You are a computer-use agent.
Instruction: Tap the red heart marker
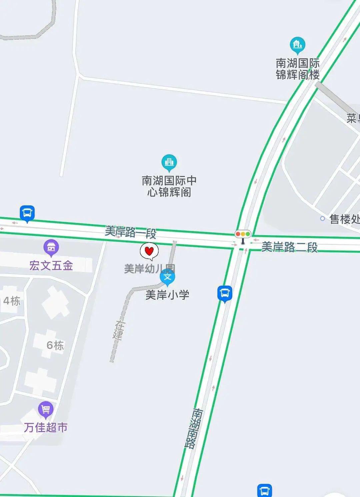tap(149, 251)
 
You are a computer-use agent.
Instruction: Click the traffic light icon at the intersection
tap(243, 235)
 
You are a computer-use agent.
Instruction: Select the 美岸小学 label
tap(167, 295)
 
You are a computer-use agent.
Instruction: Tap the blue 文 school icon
tap(167, 277)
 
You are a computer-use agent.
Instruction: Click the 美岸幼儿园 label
tap(149, 268)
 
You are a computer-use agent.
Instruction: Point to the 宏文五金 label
tap(51, 265)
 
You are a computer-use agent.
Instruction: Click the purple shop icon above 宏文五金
tap(51, 247)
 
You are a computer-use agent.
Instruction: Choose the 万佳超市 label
tap(46, 427)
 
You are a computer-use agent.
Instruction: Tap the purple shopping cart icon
tap(46, 409)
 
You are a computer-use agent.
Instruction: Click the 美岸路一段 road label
tap(131, 232)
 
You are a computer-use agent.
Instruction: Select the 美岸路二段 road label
tap(289, 247)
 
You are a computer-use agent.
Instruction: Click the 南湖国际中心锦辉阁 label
tap(169, 186)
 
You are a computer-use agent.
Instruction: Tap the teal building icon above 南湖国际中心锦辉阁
tap(169, 162)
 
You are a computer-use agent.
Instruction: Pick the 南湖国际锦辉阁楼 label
tap(298, 69)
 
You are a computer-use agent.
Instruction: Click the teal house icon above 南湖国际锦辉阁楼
tap(297, 45)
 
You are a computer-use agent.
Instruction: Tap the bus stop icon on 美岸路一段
tap(27, 213)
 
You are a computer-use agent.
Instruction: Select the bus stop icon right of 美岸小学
tap(225, 293)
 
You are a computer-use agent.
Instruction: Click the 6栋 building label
tap(55, 345)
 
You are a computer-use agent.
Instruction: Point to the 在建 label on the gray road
tap(118, 330)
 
